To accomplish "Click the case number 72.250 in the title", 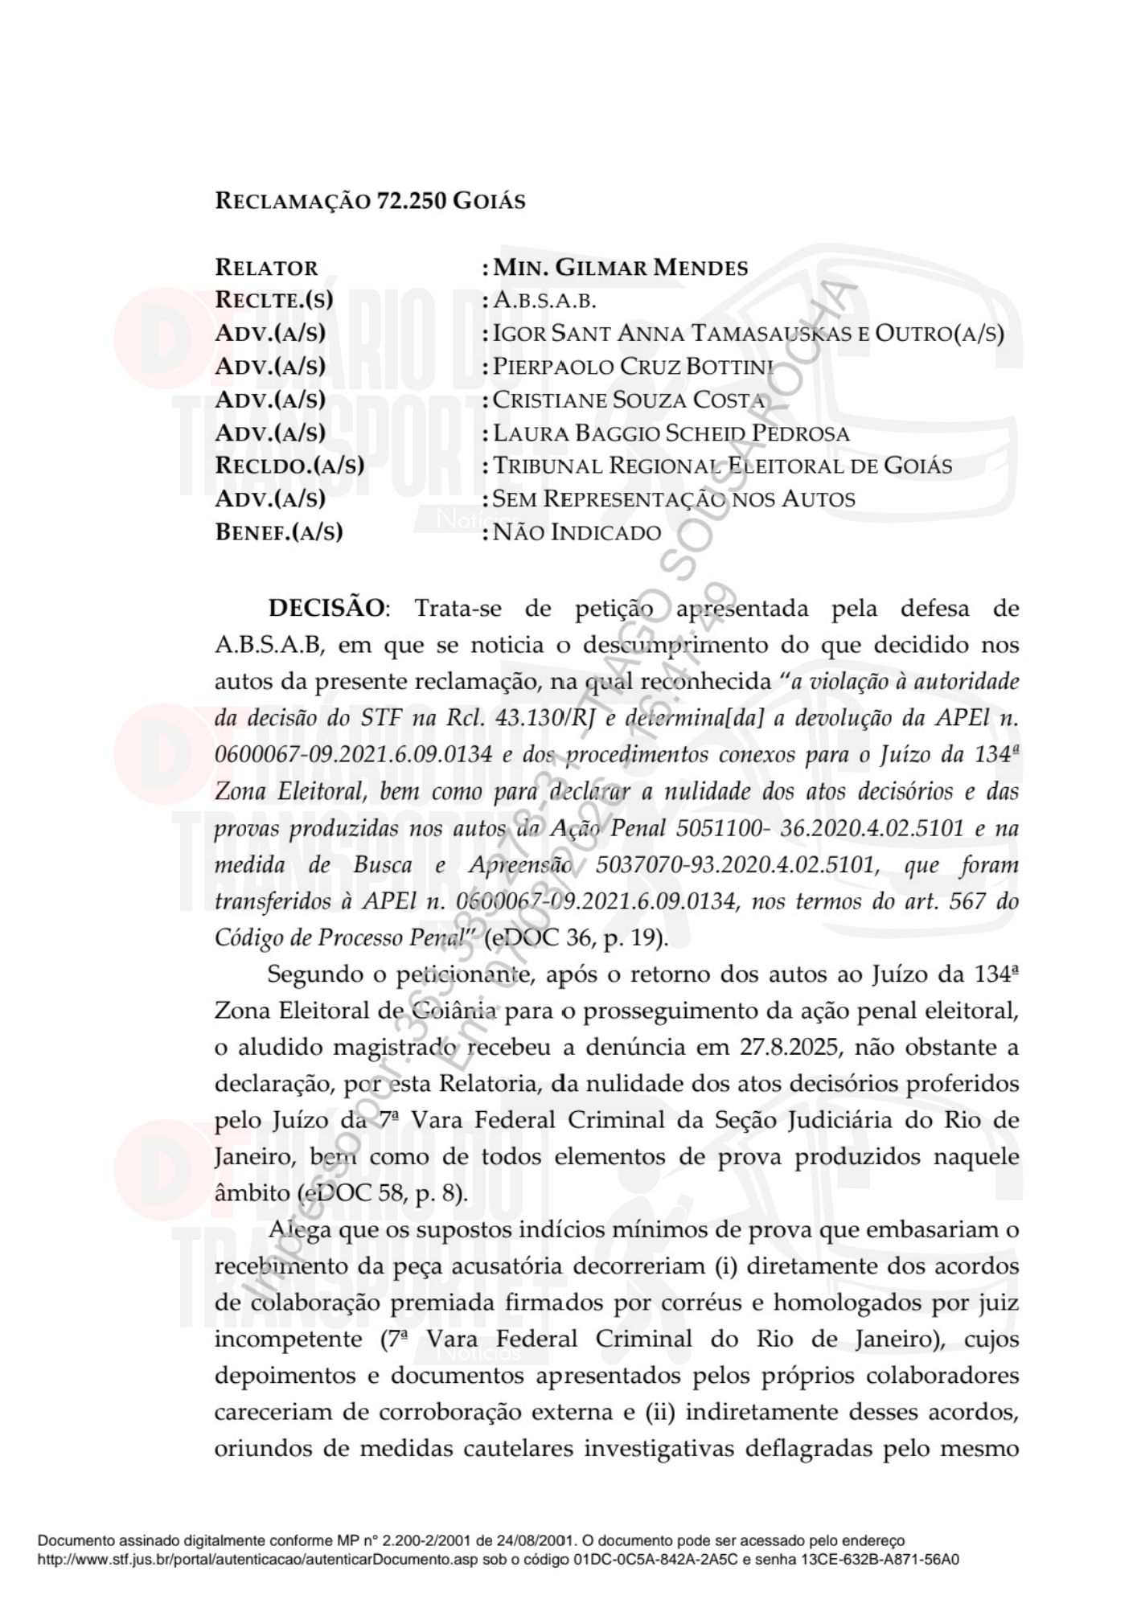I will [412, 200].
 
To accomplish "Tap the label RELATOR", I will [266, 268].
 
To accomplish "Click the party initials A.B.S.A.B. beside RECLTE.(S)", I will [544, 301].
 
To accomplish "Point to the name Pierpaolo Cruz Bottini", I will [633, 367].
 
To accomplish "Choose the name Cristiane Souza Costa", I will [629, 400].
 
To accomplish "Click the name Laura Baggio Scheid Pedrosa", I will [671, 433].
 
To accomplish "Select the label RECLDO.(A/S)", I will [289, 466].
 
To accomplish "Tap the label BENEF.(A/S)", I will [279, 532].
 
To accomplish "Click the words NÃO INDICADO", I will [577, 532].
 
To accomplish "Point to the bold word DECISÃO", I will [326, 608].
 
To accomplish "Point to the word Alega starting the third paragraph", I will [299, 1230].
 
